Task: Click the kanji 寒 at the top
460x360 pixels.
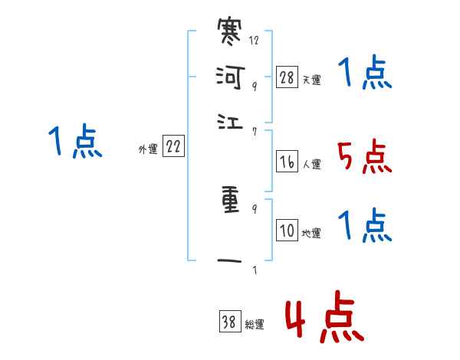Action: [231, 34]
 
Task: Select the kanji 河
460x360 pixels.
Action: [231, 77]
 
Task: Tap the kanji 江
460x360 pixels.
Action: [231, 121]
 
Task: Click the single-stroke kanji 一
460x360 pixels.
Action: [231, 262]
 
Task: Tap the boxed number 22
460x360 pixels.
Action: [173, 148]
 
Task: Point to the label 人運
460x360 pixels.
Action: [312, 163]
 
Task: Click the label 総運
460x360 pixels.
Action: [255, 325]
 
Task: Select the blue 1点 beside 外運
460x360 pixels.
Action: [75, 142]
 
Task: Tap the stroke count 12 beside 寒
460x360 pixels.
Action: [254, 40]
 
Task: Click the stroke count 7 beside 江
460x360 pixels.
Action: [254, 131]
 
